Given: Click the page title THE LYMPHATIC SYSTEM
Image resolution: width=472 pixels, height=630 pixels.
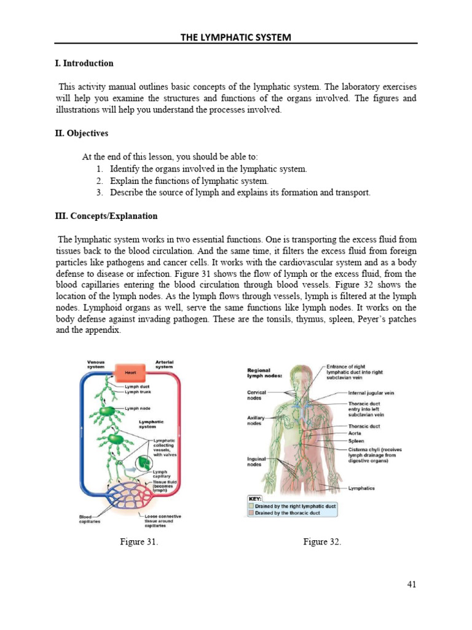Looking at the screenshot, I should pos(235,38).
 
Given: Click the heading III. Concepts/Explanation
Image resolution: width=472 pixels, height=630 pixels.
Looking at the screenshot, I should pos(106,216).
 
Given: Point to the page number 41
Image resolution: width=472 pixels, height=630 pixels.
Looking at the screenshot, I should pos(411,584).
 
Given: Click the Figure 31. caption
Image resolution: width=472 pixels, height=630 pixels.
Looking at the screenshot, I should pos(139,542).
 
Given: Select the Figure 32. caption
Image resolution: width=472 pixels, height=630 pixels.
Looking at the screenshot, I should pos(322,542).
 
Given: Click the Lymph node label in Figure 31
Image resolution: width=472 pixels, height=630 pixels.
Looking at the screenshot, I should pos(138,409).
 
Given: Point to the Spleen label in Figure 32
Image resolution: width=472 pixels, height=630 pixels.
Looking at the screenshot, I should pos(356,441).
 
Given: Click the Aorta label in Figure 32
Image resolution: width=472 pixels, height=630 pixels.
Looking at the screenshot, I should pos(355,433).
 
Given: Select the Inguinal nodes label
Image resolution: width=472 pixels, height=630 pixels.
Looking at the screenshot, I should pos(256,461).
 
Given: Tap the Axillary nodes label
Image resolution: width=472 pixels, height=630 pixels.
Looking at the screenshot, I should pos(256,420).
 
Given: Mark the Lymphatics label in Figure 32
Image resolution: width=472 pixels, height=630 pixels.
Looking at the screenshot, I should pos(361,488).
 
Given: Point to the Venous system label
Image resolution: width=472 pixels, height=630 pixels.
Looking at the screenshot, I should pos(96,364).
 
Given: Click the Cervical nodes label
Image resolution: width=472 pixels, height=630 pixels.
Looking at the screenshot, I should pos(256,394).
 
